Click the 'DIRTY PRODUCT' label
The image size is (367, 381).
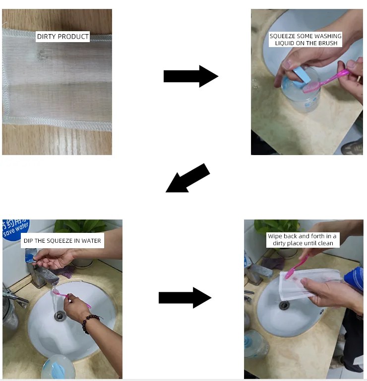(x=63, y=37)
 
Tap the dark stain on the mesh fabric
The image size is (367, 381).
(x=43, y=54)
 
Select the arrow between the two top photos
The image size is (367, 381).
(x=191, y=76)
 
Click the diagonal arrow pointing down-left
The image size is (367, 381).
(x=187, y=178)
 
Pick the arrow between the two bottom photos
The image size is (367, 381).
(x=185, y=298)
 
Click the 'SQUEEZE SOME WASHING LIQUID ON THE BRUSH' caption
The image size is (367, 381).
(x=306, y=39)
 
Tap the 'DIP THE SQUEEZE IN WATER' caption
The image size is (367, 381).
(x=62, y=241)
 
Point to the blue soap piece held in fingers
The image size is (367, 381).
(x=302, y=76)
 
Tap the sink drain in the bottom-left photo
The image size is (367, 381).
(x=60, y=316)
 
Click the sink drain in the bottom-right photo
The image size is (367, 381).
(x=284, y=305)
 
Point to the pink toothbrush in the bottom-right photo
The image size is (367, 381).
(x=297, y=267)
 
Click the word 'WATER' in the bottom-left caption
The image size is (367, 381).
(x=91, y=241)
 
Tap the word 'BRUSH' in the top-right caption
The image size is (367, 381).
(x=327, y=43)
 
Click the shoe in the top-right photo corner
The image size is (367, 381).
(x=352, y=147)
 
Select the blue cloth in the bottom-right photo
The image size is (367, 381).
(x=355, y=279)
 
